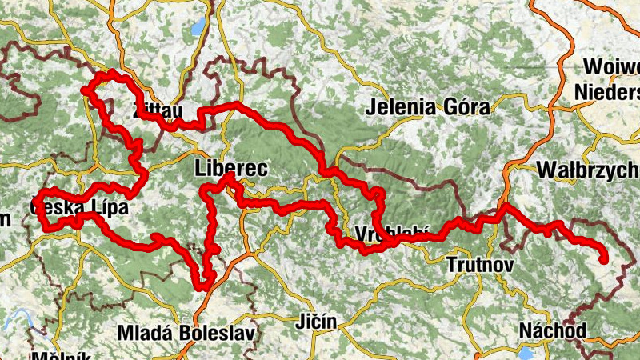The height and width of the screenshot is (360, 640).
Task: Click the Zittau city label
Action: click(158, 110)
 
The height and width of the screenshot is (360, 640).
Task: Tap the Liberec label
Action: click(230, 169)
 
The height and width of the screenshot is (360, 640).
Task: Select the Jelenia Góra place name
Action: click(428, 106)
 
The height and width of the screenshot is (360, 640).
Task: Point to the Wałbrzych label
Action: click(588, 170)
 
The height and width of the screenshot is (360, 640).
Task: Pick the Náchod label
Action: click(553, 330)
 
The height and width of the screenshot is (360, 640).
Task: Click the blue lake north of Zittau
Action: click(197, 29)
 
